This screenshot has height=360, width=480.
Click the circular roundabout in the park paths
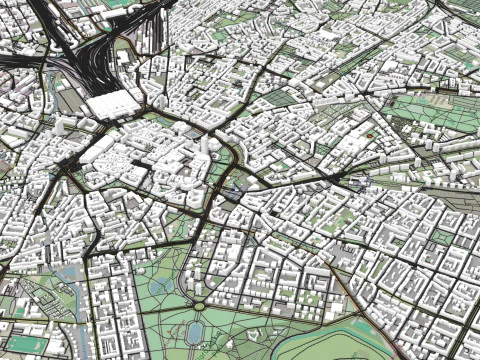pos(199,306)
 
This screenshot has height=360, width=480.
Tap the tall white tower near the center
pos(205,145)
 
